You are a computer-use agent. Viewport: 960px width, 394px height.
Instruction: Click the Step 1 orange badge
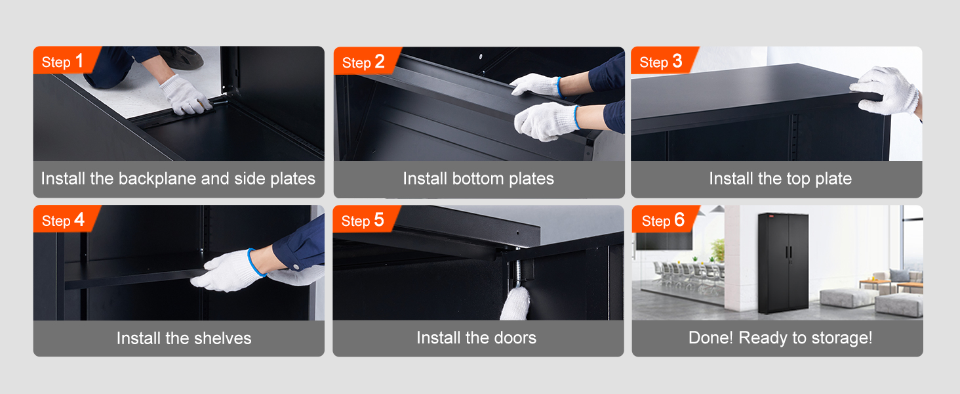(64, 61)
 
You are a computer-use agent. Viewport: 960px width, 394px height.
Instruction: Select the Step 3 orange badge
(661, 62)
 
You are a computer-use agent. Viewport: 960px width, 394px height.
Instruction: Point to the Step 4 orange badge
(64, 220)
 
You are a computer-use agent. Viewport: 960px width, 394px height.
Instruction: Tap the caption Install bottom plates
(478, 179)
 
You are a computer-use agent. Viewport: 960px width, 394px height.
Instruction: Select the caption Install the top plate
(780, 179)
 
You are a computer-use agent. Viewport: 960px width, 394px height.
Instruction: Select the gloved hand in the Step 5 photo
(515, 303)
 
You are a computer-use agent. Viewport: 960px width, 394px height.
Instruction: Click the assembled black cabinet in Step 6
(783, 263)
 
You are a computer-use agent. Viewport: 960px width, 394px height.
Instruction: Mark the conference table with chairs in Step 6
(689, 273)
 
